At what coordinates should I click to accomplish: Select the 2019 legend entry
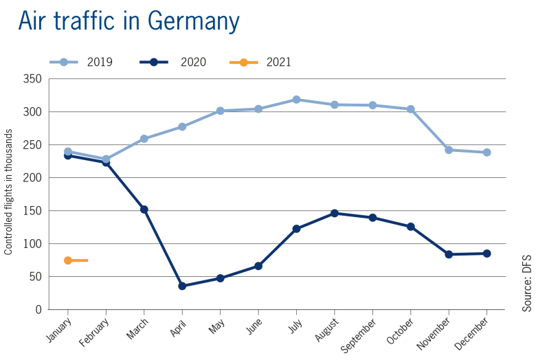click(x=81, y=63)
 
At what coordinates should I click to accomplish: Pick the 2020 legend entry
click(x=172, y=63)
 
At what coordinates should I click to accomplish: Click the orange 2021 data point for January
click(x=68, y=260)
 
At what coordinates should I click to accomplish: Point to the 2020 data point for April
click(x=182, y=286)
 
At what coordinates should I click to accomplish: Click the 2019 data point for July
click(x=296, y=100)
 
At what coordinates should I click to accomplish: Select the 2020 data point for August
click(x=335, y=213)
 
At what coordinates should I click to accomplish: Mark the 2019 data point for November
click(x=449, y=150)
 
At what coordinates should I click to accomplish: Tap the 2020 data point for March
click(x=144, y=209)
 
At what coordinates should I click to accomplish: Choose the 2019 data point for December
click(x=487, y=152)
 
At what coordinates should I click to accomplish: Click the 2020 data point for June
click(x=258, y=266)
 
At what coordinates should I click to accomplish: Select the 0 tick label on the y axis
click(x=38, y=310)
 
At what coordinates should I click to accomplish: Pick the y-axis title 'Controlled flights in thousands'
click(x=8, y=194)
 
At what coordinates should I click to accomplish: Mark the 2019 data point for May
click(x=220, y=111)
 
